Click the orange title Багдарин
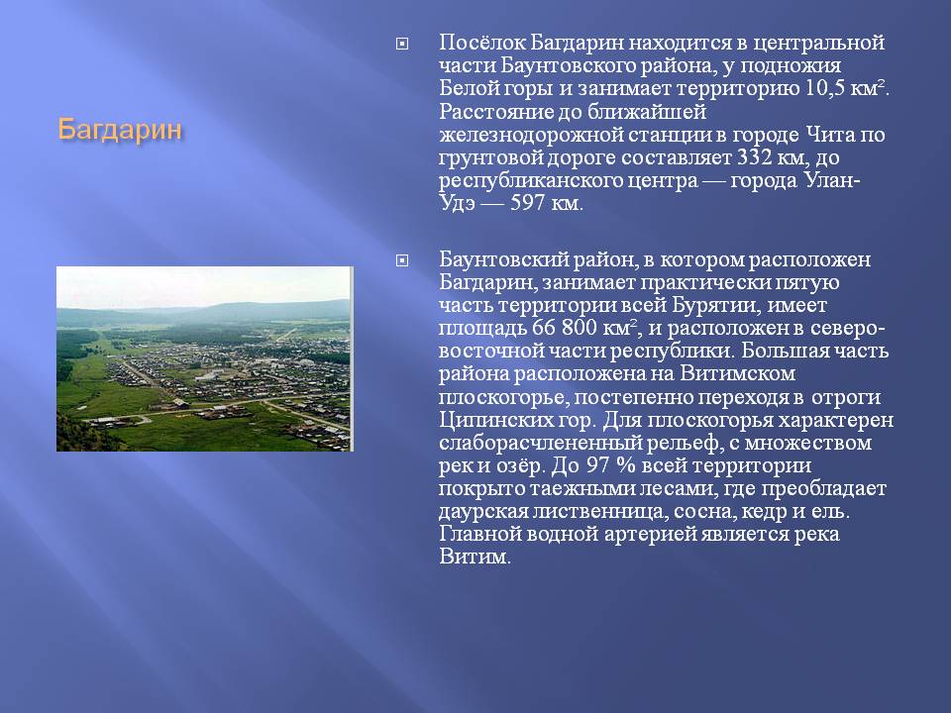point(120,131)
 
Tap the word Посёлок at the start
point(481,43)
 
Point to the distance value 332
point(754,157)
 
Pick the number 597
point(527,203)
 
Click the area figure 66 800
point(565,328)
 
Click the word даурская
point(482,512)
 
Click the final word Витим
point(475,558)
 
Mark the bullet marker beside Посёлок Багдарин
point(401,44)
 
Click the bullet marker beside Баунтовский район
point(401,260)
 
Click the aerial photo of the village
point(204,358)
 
